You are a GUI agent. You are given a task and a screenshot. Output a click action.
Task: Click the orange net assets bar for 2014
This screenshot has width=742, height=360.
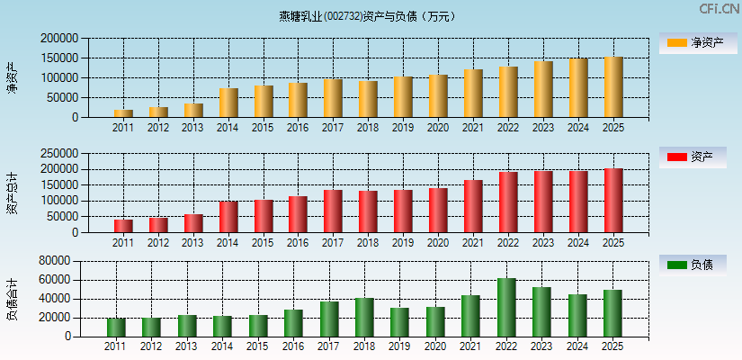click(228, 103)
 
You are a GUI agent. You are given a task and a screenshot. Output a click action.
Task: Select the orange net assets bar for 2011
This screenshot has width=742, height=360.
click(123, 113)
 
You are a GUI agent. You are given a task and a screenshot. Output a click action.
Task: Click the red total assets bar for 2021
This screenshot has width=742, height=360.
click(473, 206)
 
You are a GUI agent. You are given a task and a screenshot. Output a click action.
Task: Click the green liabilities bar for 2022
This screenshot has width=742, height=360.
click(507, 308)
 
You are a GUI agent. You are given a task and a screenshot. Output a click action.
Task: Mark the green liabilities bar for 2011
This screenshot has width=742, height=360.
click(116, 328)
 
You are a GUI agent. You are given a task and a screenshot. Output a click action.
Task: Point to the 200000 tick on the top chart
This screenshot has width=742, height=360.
click(59, 39)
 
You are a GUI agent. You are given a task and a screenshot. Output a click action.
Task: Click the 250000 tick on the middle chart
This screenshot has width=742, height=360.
click(59, 153)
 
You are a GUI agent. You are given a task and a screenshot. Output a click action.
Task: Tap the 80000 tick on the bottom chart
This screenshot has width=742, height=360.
click(53, 261)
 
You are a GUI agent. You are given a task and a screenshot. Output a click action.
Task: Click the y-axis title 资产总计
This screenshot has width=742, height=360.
click(11, 193)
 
